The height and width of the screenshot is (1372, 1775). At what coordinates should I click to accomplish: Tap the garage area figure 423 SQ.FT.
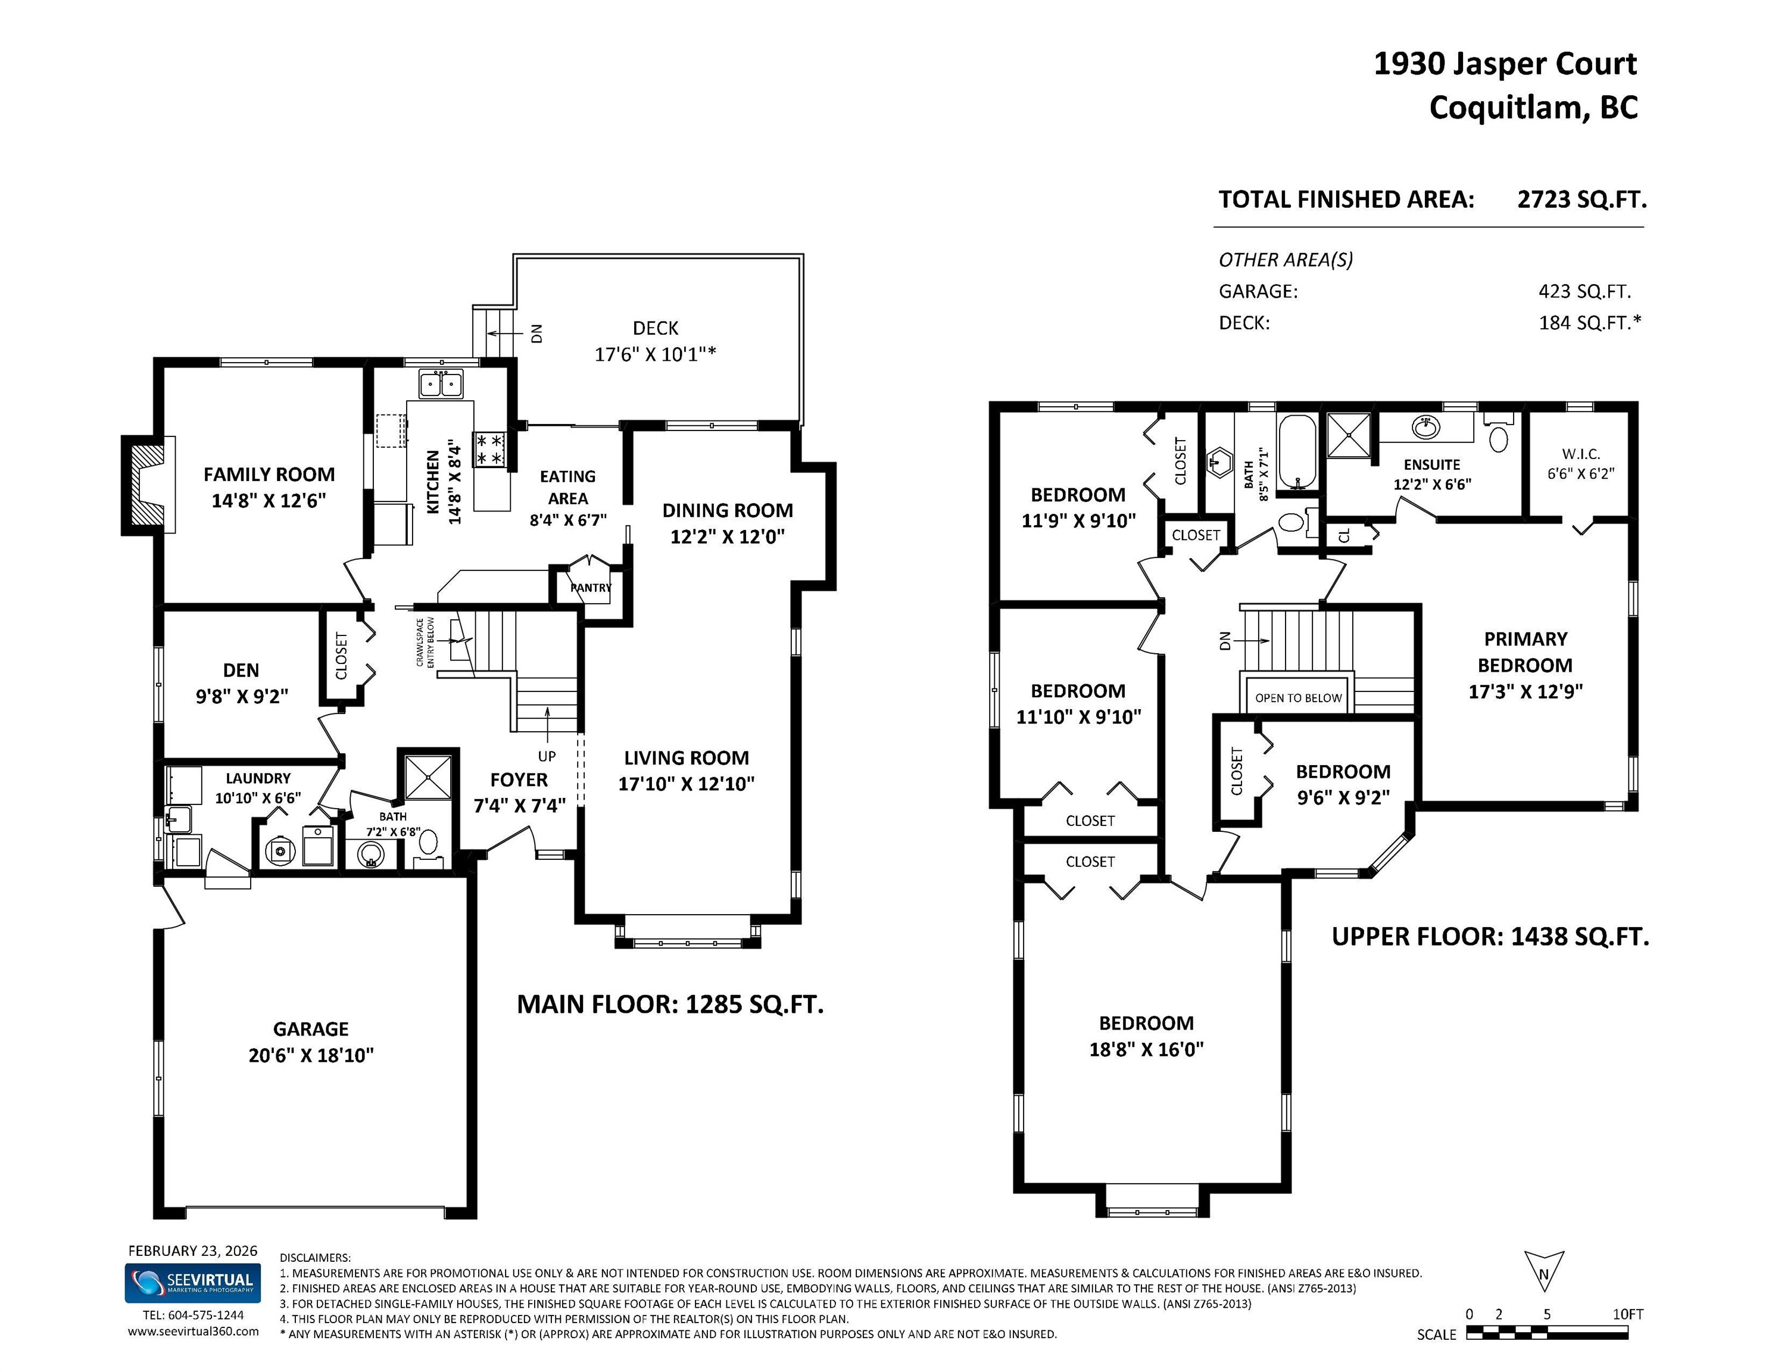pyautogui.click(x=1584, y=291)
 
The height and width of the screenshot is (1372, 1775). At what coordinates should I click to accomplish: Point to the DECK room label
pyautogui.click(x=655, y=328)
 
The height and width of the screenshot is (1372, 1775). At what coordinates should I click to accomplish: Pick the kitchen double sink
pyautogui.click(x=441, y=383)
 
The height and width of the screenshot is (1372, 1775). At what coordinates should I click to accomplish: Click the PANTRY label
pyautogui.click(x=591, y=588)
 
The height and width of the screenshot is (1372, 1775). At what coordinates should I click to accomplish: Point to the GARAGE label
pyautogui.click(x=310, y=1029)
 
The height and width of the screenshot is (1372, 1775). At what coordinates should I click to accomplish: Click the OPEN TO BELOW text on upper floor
pyautogui.click(x=1298, y=698)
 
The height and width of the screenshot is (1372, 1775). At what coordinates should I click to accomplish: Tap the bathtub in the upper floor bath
pyautogui.click(x=1296, y=452)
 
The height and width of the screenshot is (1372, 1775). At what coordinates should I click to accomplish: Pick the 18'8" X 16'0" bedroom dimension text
pyautogui.click(x=1146, y=1049)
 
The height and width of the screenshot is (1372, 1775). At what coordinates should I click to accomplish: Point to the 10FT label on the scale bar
pyautogui.click(x=1627, y=1314)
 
